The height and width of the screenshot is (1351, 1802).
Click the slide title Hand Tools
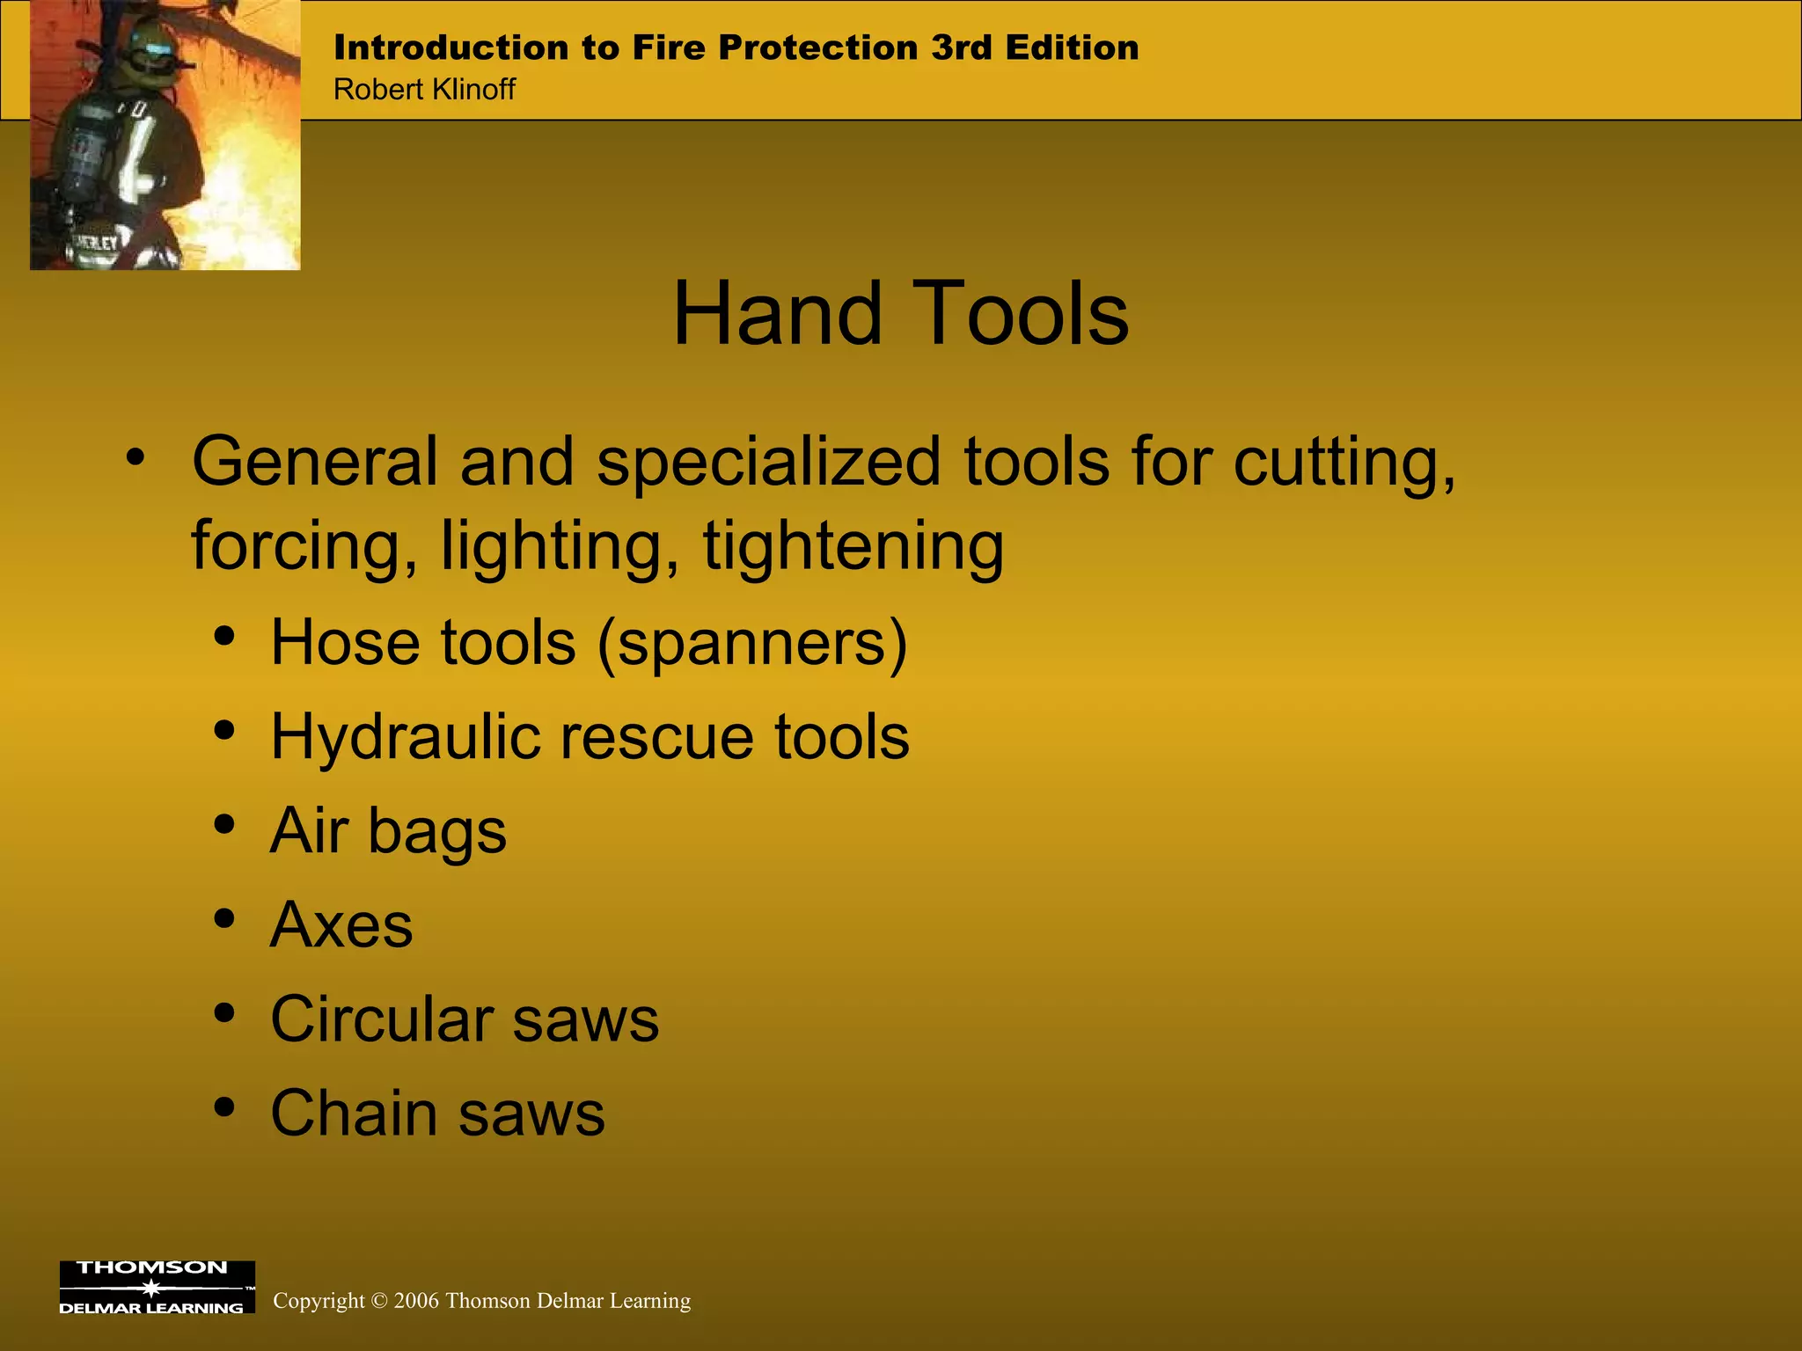point(900,314)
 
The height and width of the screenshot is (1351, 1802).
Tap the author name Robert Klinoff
point(424,90)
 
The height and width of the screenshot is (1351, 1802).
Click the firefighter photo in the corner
point(165,135)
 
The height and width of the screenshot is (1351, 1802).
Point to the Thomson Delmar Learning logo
point(157,1287)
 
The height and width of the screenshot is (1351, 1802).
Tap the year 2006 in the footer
point(416,1301)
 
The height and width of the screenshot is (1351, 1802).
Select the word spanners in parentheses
point(752,644)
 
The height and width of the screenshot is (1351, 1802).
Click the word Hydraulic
point(405,738)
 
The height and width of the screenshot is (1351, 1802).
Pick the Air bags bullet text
point(388,831)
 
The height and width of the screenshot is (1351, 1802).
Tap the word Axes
point(341,925)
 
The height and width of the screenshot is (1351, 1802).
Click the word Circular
point(381,1019)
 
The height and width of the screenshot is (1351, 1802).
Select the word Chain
point(354,1114)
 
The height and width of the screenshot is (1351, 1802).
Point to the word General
point(315,462)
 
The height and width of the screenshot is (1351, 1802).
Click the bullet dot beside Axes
point(224,918)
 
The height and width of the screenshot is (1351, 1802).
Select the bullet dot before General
point(135,456)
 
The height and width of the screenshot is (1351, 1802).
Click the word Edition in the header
point(1072,47)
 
